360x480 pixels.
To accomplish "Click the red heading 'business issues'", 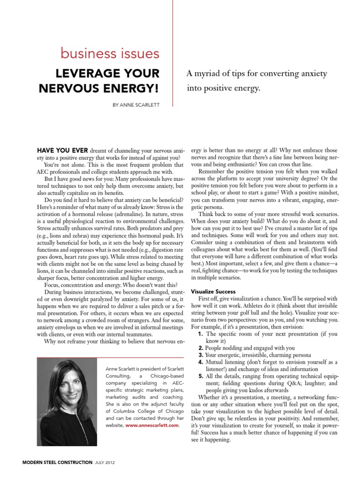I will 110,54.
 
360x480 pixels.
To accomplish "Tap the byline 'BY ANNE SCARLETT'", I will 135,105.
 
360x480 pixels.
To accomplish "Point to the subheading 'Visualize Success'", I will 215,291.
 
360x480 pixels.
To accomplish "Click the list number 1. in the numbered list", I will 201,334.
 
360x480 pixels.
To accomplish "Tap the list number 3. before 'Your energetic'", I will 201,355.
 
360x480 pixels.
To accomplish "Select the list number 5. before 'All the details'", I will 201,376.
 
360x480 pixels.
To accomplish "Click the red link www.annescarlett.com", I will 152,425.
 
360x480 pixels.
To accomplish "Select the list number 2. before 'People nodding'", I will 201,348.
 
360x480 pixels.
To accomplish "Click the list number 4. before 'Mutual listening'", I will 201,362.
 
